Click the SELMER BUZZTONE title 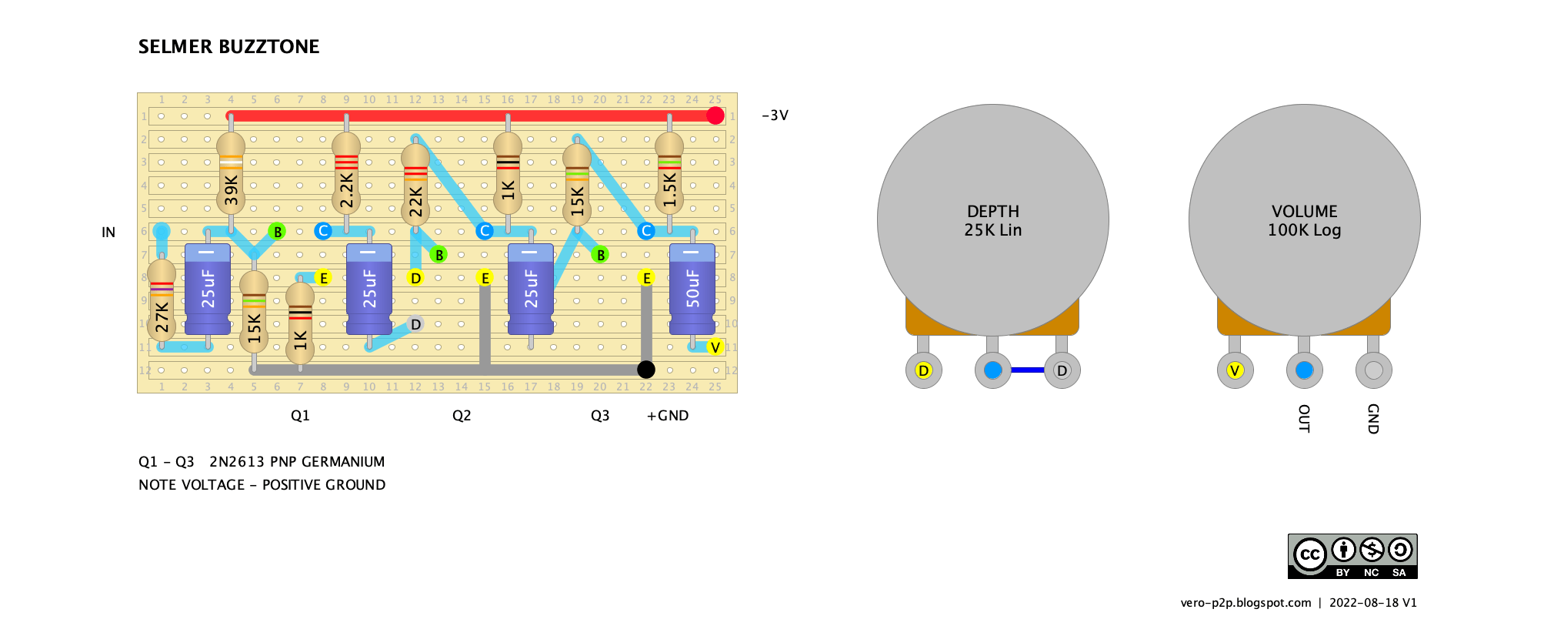point(228,47)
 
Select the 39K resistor point(231,173)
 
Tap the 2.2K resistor point(346,173)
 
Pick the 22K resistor point(415,186)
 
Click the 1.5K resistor point(669,173)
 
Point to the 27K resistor point(162,300)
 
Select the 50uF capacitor point(692,289)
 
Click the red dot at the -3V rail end point(715,115)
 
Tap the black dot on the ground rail point(646,370)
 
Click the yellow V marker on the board point(715,347)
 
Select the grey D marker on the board point(415,324)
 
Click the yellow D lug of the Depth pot point(923,370)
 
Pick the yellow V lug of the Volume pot point(1235,370)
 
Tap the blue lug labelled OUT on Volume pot point(1304,370)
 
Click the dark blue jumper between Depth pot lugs point(1027,370)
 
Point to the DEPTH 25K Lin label point(993,221)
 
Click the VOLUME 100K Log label point(1305,221)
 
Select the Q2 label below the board point(462,416)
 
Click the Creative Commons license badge point(1352,556)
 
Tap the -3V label point(775,115)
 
